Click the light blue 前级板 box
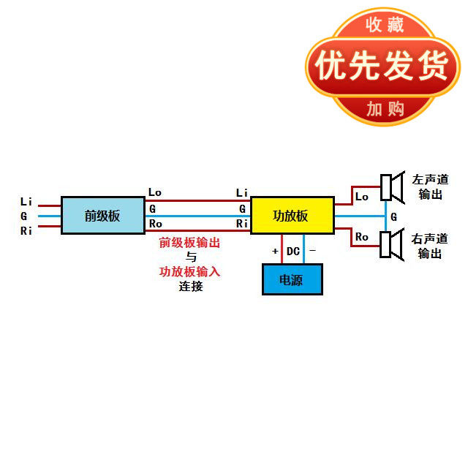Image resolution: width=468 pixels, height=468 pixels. click(102, 215)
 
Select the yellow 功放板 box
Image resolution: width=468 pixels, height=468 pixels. click(292, 215)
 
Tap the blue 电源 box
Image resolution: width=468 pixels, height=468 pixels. click(292, 279)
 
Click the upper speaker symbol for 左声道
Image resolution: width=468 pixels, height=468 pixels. click(391, 188)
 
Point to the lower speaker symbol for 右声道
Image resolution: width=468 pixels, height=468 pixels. click(391, 244)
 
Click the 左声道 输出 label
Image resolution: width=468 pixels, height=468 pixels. click(430, 187)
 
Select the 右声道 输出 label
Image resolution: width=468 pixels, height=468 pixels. click(430, 246)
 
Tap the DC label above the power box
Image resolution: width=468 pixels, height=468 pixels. click(292, 252)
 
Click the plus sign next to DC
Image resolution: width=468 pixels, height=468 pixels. click(275, 252)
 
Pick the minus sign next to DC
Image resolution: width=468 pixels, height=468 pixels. click(312, 251)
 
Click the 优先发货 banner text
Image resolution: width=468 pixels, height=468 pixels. click(381, 67)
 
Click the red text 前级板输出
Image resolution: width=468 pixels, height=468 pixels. click(190, 243)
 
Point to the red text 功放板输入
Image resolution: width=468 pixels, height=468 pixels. click(190, 271)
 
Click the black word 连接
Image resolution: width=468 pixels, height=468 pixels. click(191, 286)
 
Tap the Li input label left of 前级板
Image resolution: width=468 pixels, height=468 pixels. click(26, 201)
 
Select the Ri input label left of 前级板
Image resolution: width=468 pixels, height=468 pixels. click(26, 231)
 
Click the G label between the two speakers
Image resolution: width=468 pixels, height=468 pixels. click(394, 217)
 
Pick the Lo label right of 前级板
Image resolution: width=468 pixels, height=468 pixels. click(155, 192)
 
